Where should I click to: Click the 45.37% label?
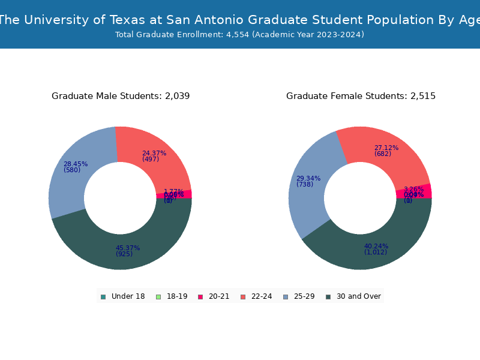click(128, 248)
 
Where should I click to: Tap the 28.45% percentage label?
click(76, 164)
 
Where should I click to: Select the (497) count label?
click(151, 160)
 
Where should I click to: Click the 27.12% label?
click(386, 148)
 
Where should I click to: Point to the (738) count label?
click(305, 185)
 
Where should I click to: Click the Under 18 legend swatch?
click(103, 296)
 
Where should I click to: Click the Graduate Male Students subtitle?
click(121, 96)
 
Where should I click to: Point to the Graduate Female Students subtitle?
click(361, 96)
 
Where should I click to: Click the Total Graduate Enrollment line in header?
click(240, 35)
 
